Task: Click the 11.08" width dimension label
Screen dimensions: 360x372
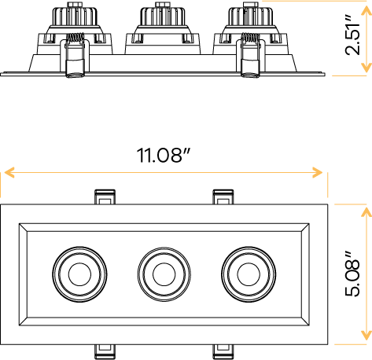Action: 164,154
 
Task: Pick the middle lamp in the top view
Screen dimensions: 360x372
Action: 163,274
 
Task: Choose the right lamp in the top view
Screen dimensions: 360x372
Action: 248,274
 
